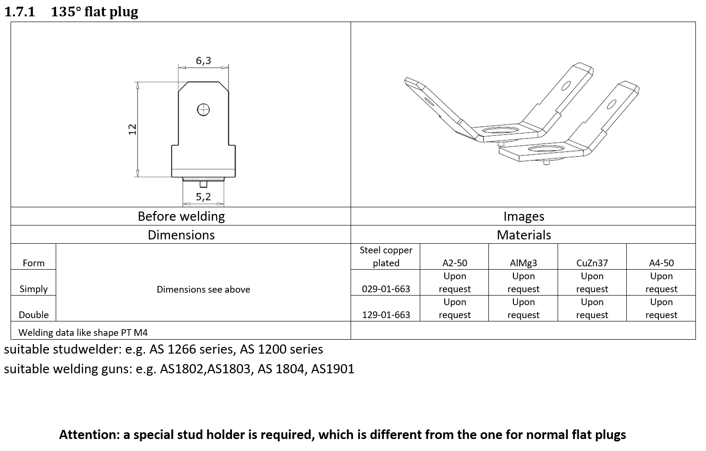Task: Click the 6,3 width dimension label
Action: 203,60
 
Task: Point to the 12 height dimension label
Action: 133,129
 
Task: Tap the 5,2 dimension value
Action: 203,197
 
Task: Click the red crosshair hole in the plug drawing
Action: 203,110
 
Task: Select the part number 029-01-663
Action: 386,289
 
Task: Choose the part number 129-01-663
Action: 386,315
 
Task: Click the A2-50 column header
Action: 454,263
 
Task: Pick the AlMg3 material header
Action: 523,263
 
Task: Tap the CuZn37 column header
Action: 592,263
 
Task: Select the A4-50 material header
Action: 661,263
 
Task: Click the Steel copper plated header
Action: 386,256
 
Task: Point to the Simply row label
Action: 34,289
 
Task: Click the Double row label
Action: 34,315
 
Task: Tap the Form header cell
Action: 34,263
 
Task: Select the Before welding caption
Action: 181,216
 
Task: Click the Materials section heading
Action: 523,235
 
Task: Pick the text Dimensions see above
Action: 203,289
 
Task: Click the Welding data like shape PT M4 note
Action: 83,332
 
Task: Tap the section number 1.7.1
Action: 20,12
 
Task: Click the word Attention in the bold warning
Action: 89,435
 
